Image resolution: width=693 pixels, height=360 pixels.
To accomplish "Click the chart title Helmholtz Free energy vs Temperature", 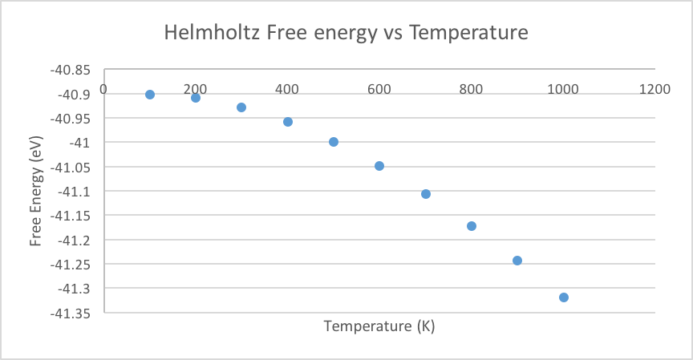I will coord(346,33).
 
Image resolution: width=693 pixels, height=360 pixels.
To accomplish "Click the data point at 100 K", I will coord(150,95).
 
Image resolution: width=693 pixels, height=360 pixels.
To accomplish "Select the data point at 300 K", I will coord(241,107).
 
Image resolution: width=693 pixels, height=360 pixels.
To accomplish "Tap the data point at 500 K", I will coord(334,142).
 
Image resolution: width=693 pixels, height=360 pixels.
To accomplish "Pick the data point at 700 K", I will coord(426,194).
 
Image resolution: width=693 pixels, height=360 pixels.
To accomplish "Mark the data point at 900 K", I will coord(517,261).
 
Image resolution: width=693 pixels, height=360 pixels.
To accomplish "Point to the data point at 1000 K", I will coord(564,297).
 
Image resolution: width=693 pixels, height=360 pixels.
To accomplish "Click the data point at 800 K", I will coord(472,226).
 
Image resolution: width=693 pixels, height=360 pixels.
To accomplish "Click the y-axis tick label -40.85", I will coord(70,70).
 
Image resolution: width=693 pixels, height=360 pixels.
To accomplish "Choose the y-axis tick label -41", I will coord(79,143).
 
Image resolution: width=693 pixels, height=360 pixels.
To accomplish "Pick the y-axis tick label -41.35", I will coord(70,313).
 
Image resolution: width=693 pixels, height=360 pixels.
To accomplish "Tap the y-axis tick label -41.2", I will coord(74,240).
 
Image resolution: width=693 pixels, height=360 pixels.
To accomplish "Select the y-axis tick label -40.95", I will coord(70,119).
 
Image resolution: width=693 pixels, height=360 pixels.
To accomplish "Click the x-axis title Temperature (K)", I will coord(379,327).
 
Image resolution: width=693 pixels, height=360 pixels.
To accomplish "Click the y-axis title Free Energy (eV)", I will coord(35,191).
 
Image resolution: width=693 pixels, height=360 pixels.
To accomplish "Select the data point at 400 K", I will coord(288,122).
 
